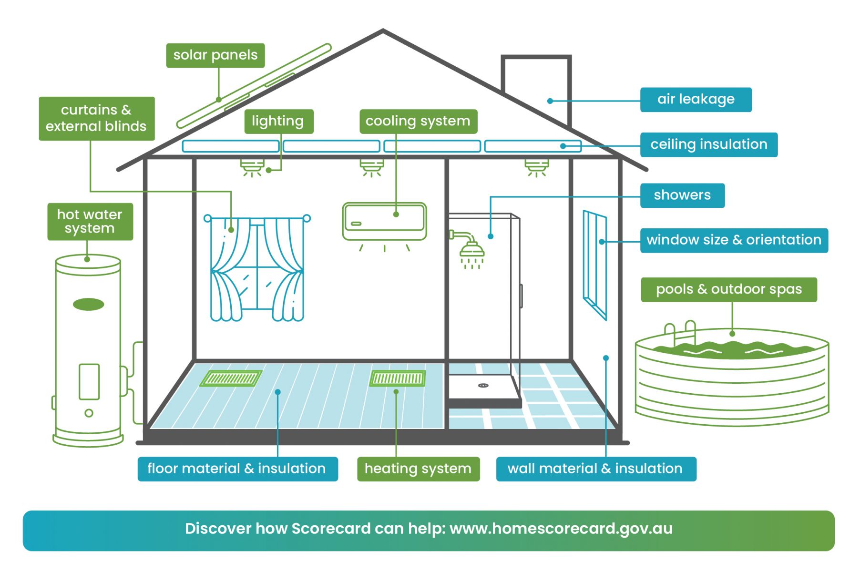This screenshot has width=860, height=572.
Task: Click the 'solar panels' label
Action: click(x=215, y=55)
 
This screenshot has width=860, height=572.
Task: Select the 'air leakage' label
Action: click(x=696, y=100)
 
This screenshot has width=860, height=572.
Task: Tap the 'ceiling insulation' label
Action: click(x=709, y=144)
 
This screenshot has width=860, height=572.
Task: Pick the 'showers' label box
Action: click(x=682, y=195)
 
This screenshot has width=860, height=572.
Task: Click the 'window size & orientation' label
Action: click(x=734, y=240)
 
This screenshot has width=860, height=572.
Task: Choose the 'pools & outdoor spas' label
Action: click(x=729, y=290)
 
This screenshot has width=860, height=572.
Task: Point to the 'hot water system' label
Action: click(x=90, y=222)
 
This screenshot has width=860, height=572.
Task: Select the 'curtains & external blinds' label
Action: click(x=97, y=119)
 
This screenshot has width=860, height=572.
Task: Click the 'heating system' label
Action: click(x=418, y=469)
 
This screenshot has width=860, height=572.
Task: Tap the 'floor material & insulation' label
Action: click(x=237, y=469)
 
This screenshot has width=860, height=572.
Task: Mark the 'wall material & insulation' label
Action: click(x=596, y=469)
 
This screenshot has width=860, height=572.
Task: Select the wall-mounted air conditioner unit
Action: click(x=384, y=222)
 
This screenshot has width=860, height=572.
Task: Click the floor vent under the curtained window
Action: click(x=231, y=378)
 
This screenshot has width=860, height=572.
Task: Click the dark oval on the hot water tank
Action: click(x=88, y=305)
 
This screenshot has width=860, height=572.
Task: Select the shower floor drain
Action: click(x=483, y=385)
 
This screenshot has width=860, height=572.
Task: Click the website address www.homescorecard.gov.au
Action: click(x=561, y=529)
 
